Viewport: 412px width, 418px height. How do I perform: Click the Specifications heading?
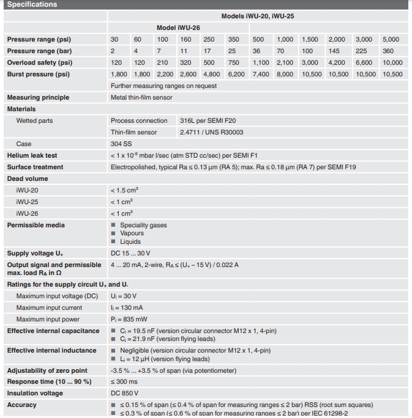point(32,4)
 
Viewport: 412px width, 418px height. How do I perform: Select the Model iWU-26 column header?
point(178,28)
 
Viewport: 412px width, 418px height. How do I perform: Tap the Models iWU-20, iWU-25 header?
point(258,16)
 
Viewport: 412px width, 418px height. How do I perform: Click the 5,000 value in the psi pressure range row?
point(391,39)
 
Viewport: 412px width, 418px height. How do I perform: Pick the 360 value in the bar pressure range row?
point(388,51)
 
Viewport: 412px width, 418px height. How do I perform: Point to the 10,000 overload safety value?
point(392,62)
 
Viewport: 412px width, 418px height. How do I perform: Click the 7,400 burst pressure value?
point(260,74)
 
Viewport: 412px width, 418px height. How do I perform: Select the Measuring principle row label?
point(38,97)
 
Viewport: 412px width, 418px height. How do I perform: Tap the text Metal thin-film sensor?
point(141,97)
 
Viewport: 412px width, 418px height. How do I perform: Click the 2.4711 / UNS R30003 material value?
point(211,132)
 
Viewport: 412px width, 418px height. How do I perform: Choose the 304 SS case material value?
point(121,144)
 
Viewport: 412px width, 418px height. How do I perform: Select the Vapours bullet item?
point(132,233)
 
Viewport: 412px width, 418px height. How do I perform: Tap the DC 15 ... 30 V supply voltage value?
point(130,253)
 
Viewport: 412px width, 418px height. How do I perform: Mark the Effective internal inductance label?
point(51,350)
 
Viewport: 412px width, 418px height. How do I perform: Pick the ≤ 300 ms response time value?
point(124,381)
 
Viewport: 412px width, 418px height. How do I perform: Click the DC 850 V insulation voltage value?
point(124,393)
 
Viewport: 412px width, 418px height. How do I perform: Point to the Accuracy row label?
point(21,405)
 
